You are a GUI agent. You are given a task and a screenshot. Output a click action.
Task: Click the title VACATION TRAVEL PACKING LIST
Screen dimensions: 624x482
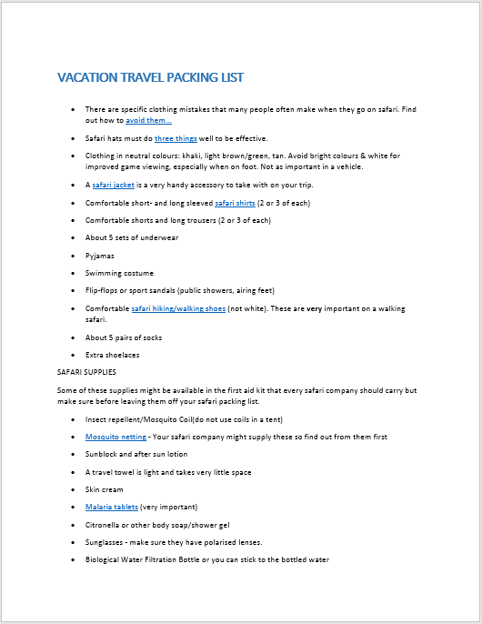(150, 77)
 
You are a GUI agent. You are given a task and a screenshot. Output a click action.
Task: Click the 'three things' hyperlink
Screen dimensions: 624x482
(176, 138)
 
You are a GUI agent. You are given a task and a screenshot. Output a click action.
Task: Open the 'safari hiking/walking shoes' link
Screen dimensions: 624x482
(178, 309)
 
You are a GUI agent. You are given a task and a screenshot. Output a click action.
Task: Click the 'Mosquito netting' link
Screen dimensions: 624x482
(115, 437)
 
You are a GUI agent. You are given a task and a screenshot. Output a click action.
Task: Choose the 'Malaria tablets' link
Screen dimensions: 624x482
(112, 507)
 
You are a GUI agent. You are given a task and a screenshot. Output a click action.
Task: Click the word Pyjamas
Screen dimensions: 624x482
(100, 256)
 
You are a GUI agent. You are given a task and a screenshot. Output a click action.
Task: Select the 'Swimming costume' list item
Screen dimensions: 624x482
(119, 273)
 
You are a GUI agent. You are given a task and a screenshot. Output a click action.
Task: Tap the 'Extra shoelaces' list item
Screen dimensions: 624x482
(113, 355)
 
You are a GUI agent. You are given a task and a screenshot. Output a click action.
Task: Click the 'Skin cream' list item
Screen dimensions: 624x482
(105, 489)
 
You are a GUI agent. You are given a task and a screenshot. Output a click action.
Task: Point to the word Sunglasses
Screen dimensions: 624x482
(106, 542)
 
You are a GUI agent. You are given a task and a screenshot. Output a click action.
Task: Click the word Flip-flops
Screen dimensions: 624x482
(104, 291)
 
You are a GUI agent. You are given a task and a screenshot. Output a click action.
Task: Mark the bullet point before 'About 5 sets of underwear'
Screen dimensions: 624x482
(74, 238)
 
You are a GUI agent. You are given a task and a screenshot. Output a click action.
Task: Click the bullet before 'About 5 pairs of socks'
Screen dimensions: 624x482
(74, 337)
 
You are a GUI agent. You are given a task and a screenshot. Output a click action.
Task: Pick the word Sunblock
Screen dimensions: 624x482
(103, 454)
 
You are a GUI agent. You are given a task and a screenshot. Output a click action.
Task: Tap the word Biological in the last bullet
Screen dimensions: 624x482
(105, 559)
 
